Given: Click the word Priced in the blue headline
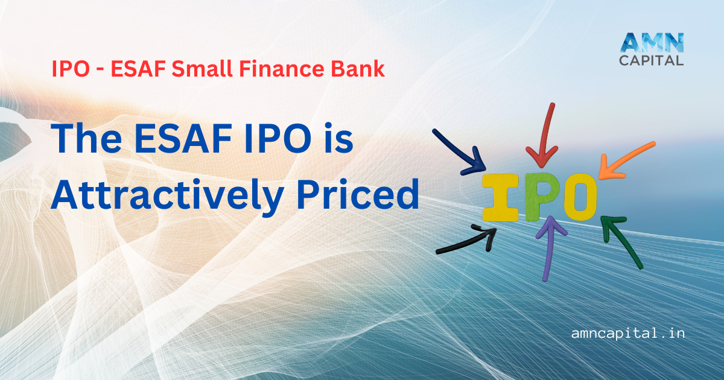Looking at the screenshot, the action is click(358, 194).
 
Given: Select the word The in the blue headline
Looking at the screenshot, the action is click(86, 138).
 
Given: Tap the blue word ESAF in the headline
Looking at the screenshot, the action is click(183, 138).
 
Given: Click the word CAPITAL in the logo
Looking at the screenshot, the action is click(651, 60).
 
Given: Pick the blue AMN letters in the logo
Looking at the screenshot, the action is click(652, 42).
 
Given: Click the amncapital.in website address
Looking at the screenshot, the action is click(627, 333).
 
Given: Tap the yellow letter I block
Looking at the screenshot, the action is click(500, 198).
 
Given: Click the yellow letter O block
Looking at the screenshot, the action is click(580, 197).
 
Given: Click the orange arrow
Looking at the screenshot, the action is click(626, 160).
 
